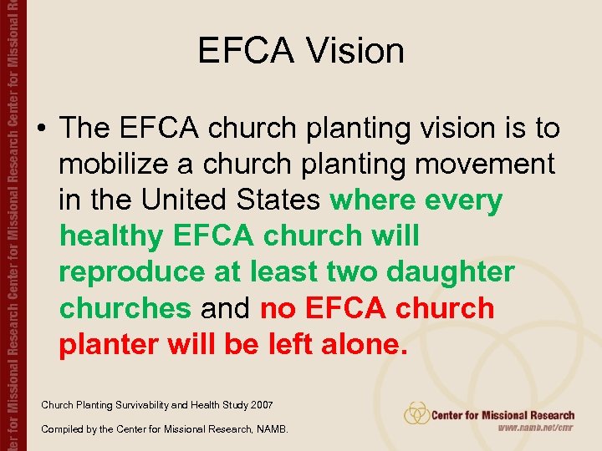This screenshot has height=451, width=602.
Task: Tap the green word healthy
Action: [x=112, y=236]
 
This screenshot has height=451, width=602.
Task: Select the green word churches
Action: [x=125, y=308]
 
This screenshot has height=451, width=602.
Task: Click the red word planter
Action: [x=108, y=344]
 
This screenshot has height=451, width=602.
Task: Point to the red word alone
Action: [x=368, y=344]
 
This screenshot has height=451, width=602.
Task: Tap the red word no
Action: [x=277, y=308]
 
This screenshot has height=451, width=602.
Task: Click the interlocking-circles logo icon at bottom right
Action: [x=416, y=413]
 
